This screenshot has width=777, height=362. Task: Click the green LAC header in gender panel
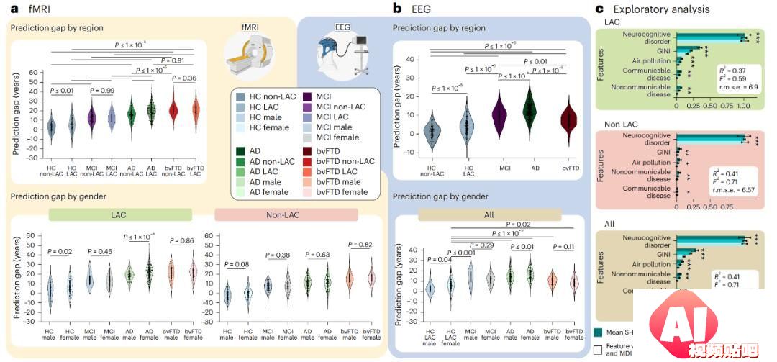(119, 214)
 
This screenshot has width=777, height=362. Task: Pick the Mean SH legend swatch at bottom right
(598, 332)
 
